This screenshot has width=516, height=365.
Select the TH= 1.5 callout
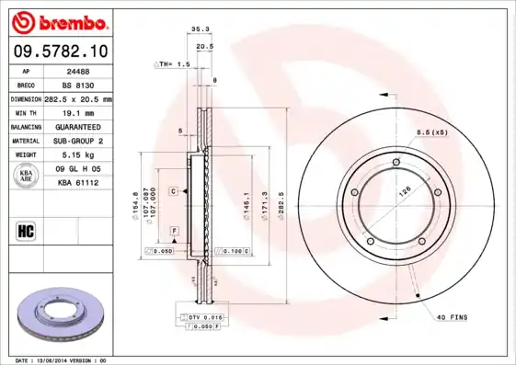[173, 65]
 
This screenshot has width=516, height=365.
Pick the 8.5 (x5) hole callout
[431, 132]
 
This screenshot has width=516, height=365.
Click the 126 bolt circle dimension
[402, 193]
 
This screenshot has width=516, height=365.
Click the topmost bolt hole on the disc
[396, 164]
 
